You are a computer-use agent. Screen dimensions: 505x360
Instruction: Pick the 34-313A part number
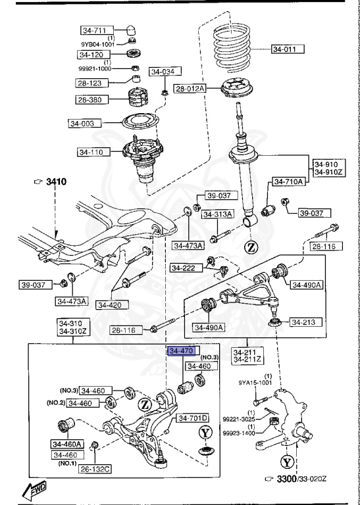pos(217,214)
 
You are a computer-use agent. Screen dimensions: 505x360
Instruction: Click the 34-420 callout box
pos(112,304)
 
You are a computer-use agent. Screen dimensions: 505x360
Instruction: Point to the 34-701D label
pos(192,418)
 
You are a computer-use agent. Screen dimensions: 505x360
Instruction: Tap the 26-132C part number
pos(95,469)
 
